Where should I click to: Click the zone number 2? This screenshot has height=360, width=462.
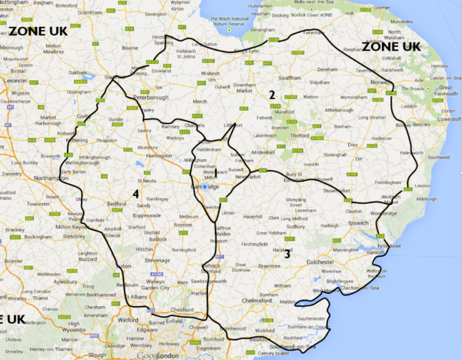click(271, 95)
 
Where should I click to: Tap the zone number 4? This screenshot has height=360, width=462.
click(135, 192)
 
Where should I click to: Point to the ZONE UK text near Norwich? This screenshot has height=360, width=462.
click(392, 46)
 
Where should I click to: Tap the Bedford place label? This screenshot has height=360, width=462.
click(116, 204)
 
